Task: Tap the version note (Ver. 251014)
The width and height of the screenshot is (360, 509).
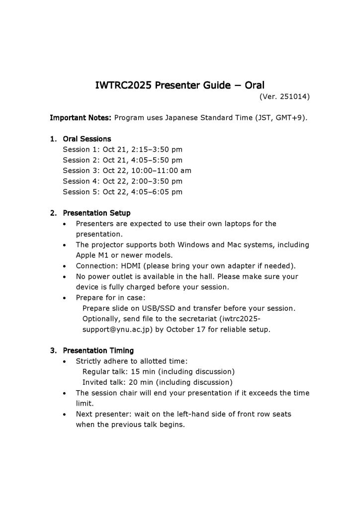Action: click(x=284, y=97)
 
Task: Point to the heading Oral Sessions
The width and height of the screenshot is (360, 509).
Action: click(x=87, y=139)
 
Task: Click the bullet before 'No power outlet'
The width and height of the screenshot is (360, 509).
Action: click(x=66, y=276)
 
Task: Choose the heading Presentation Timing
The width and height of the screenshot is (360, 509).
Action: click(x=98, y=350)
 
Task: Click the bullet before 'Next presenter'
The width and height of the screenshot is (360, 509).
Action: click(x=66, y=414)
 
